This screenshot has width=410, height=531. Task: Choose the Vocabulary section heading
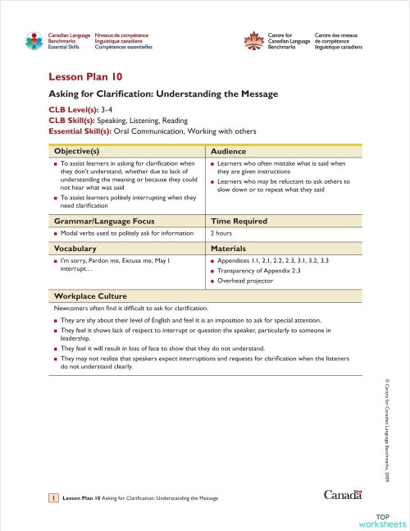point(75,247)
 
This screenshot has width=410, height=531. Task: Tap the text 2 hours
point(223,233)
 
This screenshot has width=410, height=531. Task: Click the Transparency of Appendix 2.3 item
point(259,270)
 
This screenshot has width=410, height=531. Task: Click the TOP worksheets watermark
point(381,519)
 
